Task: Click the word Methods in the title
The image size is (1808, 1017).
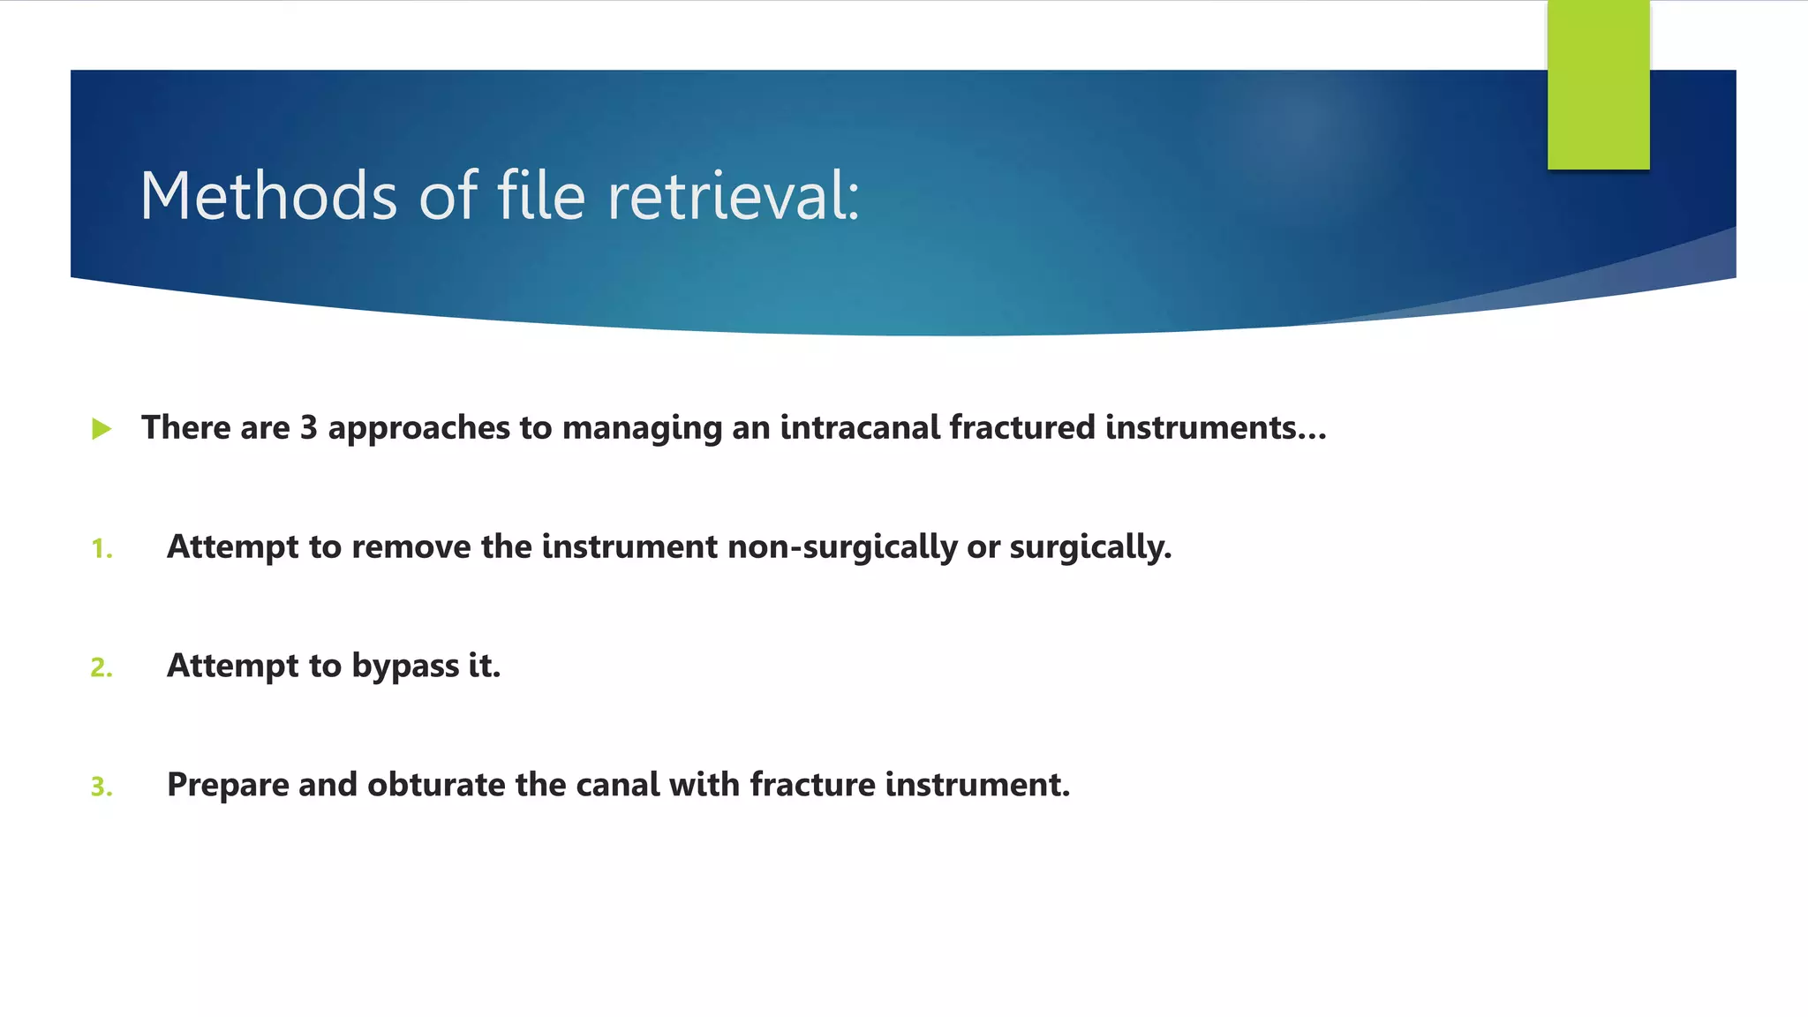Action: point(268,196)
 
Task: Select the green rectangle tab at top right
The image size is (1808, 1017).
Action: point(1598,85)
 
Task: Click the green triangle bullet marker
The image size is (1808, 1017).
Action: point(102,430)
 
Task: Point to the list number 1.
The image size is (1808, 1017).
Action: point(102,549)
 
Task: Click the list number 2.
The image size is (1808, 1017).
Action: point(102,667)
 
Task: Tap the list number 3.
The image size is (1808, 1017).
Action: point(102,787)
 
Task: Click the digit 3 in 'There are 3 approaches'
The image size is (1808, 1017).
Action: point(308,428)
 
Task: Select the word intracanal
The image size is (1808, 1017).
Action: point(860,428)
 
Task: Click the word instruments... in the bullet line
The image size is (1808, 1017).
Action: point(1216,428)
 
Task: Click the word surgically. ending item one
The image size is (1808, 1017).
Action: point(1090,547)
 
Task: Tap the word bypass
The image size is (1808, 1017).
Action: point(405,667)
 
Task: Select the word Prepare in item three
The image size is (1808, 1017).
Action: point(228,785)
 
